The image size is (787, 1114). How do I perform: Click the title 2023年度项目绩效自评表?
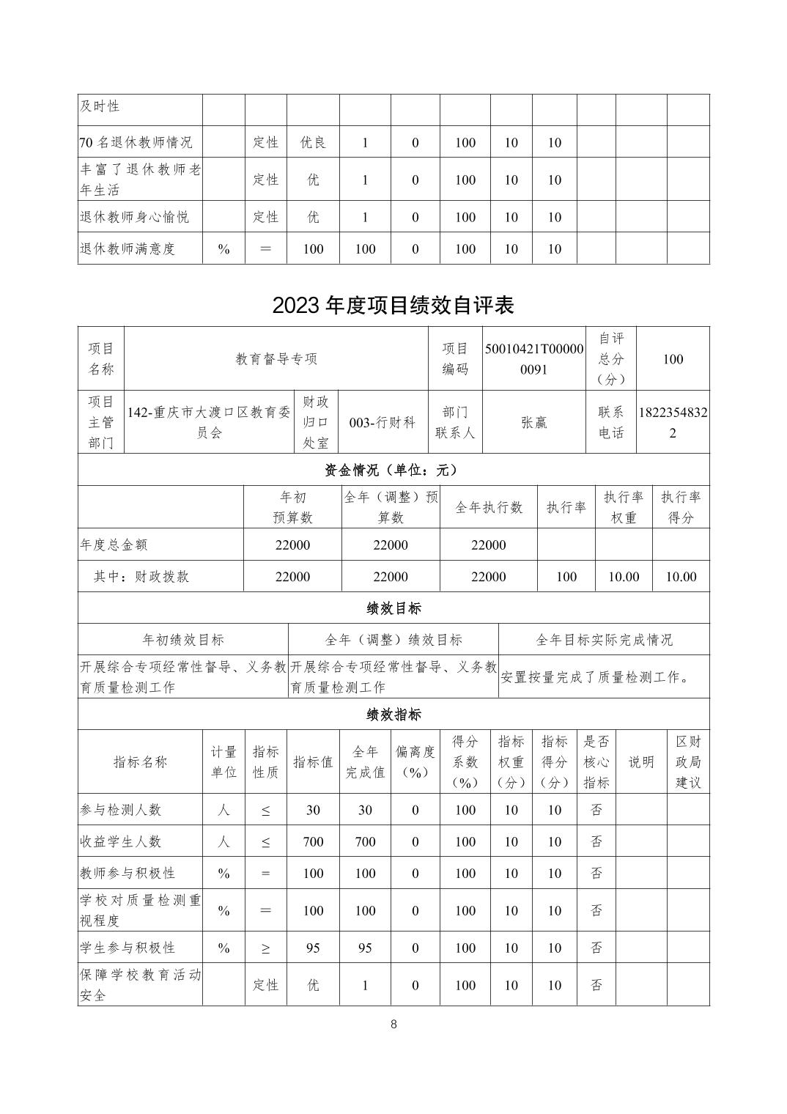(393, 305)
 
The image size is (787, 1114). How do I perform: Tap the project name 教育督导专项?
(276, 359)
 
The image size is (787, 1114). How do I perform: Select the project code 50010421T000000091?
(533, 359)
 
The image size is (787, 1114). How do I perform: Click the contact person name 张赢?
(533, 422)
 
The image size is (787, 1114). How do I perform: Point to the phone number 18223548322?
(673, 422)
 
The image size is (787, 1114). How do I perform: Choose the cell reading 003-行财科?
(382, 422)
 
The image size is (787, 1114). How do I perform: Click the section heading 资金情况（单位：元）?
(393, 470)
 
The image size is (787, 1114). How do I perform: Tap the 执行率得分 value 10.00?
(680, 577)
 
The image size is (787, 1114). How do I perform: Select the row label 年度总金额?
(114, 545)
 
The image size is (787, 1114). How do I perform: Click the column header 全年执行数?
(489, 507)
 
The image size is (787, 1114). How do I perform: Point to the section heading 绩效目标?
(393, 608)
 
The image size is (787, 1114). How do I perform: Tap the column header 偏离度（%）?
(415, 762)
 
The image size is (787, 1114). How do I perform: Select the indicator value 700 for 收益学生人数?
(313, 841)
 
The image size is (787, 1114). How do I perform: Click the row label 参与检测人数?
(120, 810)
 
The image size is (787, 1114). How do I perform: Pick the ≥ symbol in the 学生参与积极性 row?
(265, 948)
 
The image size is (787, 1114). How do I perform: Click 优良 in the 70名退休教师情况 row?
(313, 142)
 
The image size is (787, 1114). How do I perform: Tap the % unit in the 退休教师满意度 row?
(223, 249)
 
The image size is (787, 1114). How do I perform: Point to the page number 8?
(393, 1025)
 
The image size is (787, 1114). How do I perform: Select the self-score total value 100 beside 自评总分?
(673, 359)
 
